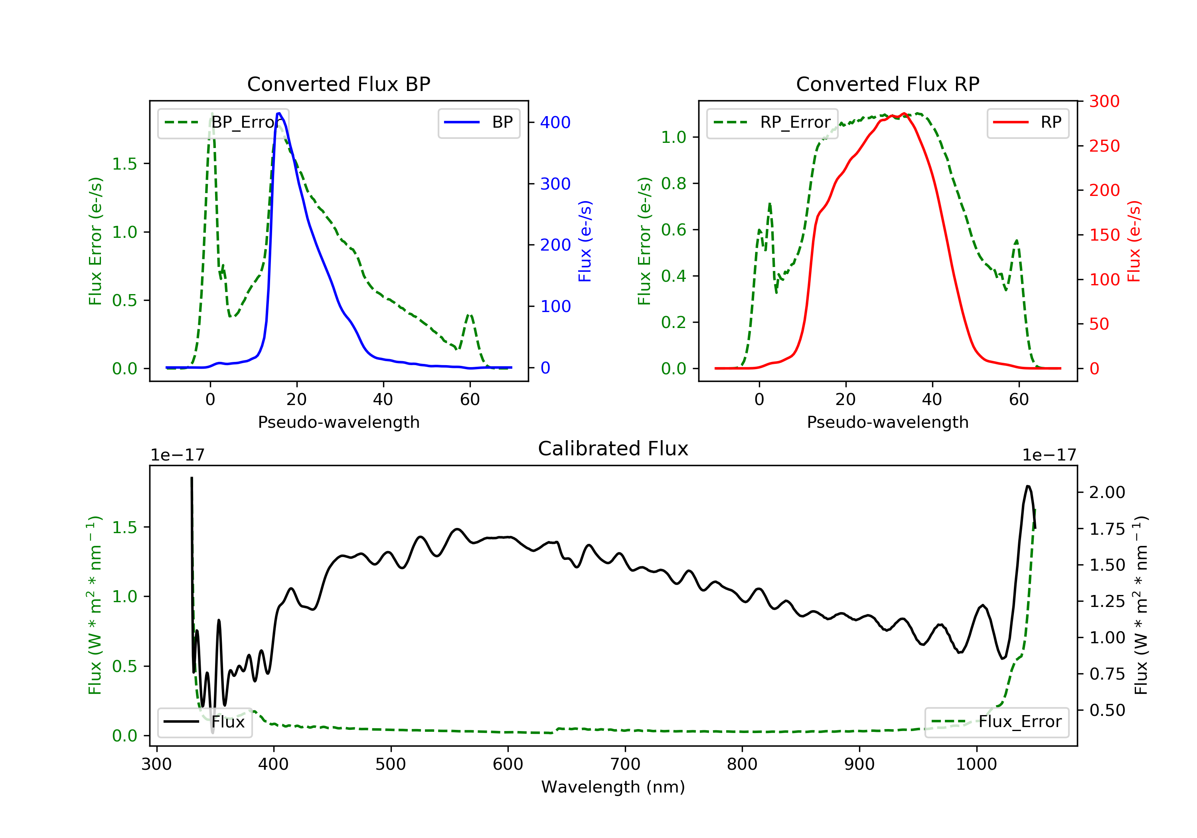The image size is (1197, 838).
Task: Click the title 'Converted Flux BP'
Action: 338,84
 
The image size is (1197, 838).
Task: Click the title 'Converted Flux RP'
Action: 887,84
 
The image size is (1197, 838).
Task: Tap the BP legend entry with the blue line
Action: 478,123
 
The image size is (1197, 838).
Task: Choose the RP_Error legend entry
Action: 772,123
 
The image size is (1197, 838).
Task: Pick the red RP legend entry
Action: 1027,123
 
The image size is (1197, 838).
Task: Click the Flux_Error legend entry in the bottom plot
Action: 996,722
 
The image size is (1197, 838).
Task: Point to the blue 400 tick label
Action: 555,123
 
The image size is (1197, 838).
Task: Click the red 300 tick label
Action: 1104,101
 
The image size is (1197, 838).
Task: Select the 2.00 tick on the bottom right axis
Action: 1107,492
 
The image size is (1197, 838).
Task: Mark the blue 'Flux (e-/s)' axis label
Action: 585,241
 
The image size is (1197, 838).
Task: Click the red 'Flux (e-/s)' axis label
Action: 1134,241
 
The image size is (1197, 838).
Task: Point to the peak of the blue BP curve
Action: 279,113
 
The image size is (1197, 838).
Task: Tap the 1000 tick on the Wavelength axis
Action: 976,765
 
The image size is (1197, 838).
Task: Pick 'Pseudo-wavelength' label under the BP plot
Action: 338,422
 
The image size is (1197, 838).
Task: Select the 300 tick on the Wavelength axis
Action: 156,765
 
